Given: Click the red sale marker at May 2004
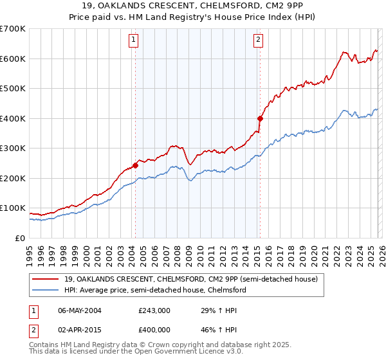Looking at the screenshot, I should (136, 165).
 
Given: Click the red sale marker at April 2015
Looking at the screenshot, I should (260, 118).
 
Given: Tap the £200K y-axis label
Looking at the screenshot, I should (13, 178).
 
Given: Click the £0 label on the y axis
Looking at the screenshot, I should (21, 238).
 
